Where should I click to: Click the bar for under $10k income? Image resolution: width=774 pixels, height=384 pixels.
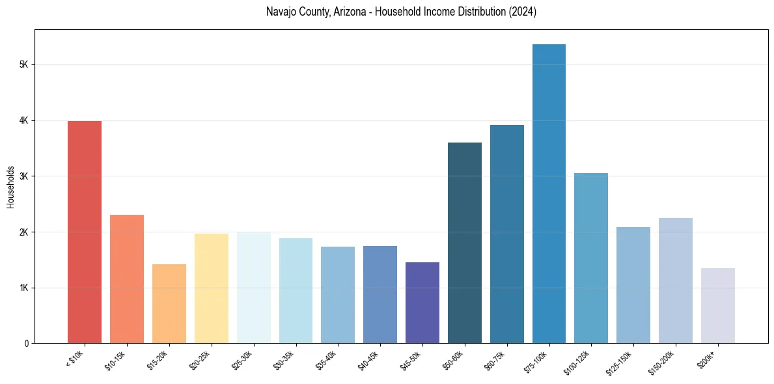coord(85,232)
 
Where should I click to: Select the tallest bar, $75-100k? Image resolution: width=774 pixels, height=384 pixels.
coord(549,193)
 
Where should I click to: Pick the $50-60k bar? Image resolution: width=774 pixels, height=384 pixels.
coord(465,243)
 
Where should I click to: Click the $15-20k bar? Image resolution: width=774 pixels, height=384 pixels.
coord(169,303)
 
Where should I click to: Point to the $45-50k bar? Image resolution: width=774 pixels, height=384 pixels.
coord(422,303)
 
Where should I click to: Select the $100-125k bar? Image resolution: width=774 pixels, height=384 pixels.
coord(591,258)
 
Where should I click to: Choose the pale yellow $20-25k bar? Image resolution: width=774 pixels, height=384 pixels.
coord(212,288)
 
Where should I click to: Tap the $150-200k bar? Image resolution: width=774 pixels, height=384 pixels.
coord(675,281)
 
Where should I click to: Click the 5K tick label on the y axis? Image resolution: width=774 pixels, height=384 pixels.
coord(23,65)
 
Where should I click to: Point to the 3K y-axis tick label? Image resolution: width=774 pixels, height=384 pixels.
coord(23,176)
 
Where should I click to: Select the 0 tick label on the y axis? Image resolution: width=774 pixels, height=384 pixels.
coord(26,344)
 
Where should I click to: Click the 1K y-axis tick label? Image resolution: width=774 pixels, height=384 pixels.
coord(23,288)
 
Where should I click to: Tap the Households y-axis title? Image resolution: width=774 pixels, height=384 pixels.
coord(10,187)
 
